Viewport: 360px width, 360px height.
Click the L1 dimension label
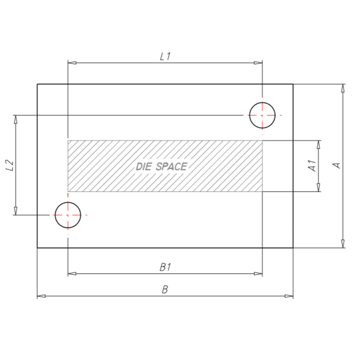point(165,57)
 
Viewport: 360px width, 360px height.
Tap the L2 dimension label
point(10,165)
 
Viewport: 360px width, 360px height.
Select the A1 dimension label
point(312,166)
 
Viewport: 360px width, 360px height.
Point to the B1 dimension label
point(165,267)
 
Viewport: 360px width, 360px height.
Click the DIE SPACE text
point(162,166)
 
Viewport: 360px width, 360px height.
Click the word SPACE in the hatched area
point(171,166)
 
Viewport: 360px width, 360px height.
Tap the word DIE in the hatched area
point(144,166)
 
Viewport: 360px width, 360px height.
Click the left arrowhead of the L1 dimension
point(72,63)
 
